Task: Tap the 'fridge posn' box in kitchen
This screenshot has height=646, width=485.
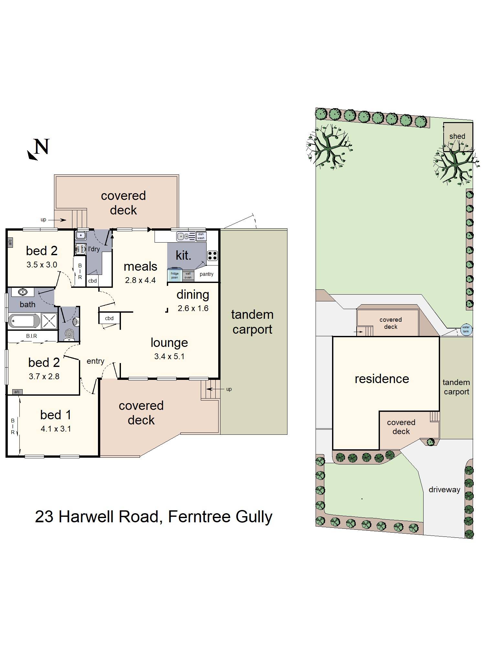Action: coord(175,275)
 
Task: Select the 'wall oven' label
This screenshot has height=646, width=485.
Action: coord(188,275)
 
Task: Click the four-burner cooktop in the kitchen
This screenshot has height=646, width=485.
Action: coord(212,256)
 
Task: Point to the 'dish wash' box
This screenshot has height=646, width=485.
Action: coord(201,236)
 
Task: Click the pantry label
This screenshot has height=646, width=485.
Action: coord(206,274)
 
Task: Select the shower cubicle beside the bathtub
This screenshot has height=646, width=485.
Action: coord(49,321)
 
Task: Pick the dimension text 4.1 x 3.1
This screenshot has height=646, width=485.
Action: coord(56,429)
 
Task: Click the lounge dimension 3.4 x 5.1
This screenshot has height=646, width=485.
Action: coord(169,356)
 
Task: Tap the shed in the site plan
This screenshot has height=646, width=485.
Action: coord(457,136)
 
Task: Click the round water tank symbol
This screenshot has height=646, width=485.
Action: coord(466,329)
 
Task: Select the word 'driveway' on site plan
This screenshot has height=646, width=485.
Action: coord(444,490)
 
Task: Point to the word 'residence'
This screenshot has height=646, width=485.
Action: coord(382,379)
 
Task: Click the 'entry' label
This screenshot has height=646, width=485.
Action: coord(95,361)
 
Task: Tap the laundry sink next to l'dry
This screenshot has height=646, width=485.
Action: coord(81,235)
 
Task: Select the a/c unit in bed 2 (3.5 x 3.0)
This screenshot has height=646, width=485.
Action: coord(10,242)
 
